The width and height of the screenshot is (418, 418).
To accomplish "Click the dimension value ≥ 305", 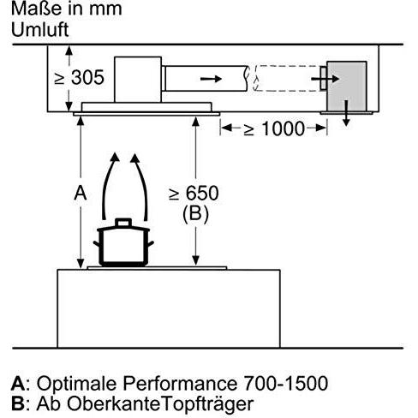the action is (79, 77).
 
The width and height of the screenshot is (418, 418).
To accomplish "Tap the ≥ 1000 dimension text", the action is (274, 128).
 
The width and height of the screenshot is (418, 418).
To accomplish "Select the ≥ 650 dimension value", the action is (194, 194).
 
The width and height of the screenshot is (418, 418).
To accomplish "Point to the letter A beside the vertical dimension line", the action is (81, 193).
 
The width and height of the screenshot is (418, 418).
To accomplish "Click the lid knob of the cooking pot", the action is (123, 223).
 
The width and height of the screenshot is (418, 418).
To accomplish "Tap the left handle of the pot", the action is (97, 243).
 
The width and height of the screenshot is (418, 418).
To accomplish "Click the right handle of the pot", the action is (151, 243).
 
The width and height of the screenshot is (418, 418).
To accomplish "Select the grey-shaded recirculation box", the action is (347, 87).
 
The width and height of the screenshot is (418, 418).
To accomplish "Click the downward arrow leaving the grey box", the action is (346, 113).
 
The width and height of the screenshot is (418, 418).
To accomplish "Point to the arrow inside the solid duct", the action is (211, 79).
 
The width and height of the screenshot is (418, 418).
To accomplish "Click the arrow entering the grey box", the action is (325, 79).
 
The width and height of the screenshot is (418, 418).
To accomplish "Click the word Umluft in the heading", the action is (40, 29).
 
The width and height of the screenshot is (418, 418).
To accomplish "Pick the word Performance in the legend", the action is (180, 383).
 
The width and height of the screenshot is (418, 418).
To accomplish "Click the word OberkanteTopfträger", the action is (160, 404).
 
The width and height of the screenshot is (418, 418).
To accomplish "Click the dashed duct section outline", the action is (287, 79).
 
